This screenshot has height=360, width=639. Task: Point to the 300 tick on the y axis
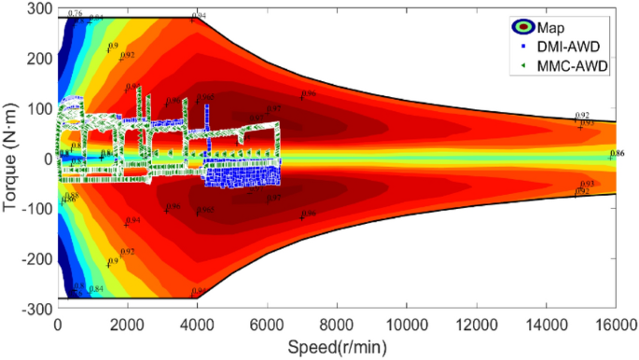click(x=40, y=7)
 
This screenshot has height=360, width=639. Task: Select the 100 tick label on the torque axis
click(x=40, y=108)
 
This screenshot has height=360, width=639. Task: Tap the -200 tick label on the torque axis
click(x=37, y=258)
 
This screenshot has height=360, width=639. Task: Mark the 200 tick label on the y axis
click(x=40, y=58)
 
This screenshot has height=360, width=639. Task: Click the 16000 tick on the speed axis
click(x=612, y=324)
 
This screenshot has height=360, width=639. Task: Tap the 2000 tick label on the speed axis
click(x=127, y=324)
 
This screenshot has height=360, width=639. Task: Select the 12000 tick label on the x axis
click(x=473, y=324)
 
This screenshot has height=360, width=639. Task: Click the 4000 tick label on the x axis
click(x=196, y=324)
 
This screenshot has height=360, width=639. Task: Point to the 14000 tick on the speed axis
click(x=543, y=324)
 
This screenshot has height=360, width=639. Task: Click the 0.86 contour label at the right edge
click(x=617, y=152)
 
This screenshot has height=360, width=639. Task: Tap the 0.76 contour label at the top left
click(x=75, y=14)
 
